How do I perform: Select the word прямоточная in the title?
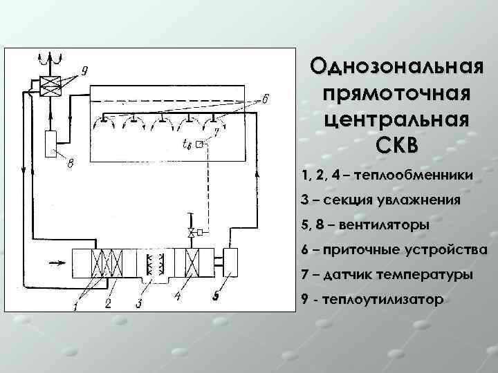click(396, 93)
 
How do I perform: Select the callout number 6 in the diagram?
click(266, 98)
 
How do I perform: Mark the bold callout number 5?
click(216, 298)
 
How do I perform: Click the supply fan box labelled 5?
click(230, 263)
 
